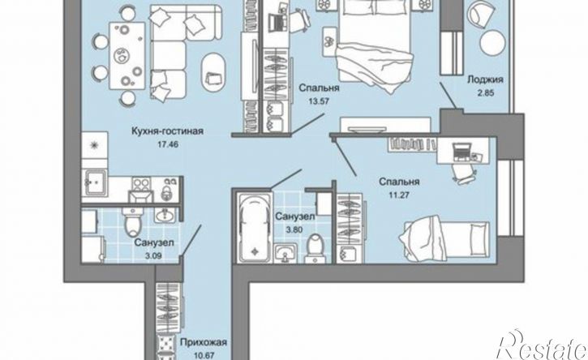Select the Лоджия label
[x=485, y=80]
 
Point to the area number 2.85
[x=485, y=95]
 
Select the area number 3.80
[x=289, y=229]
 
